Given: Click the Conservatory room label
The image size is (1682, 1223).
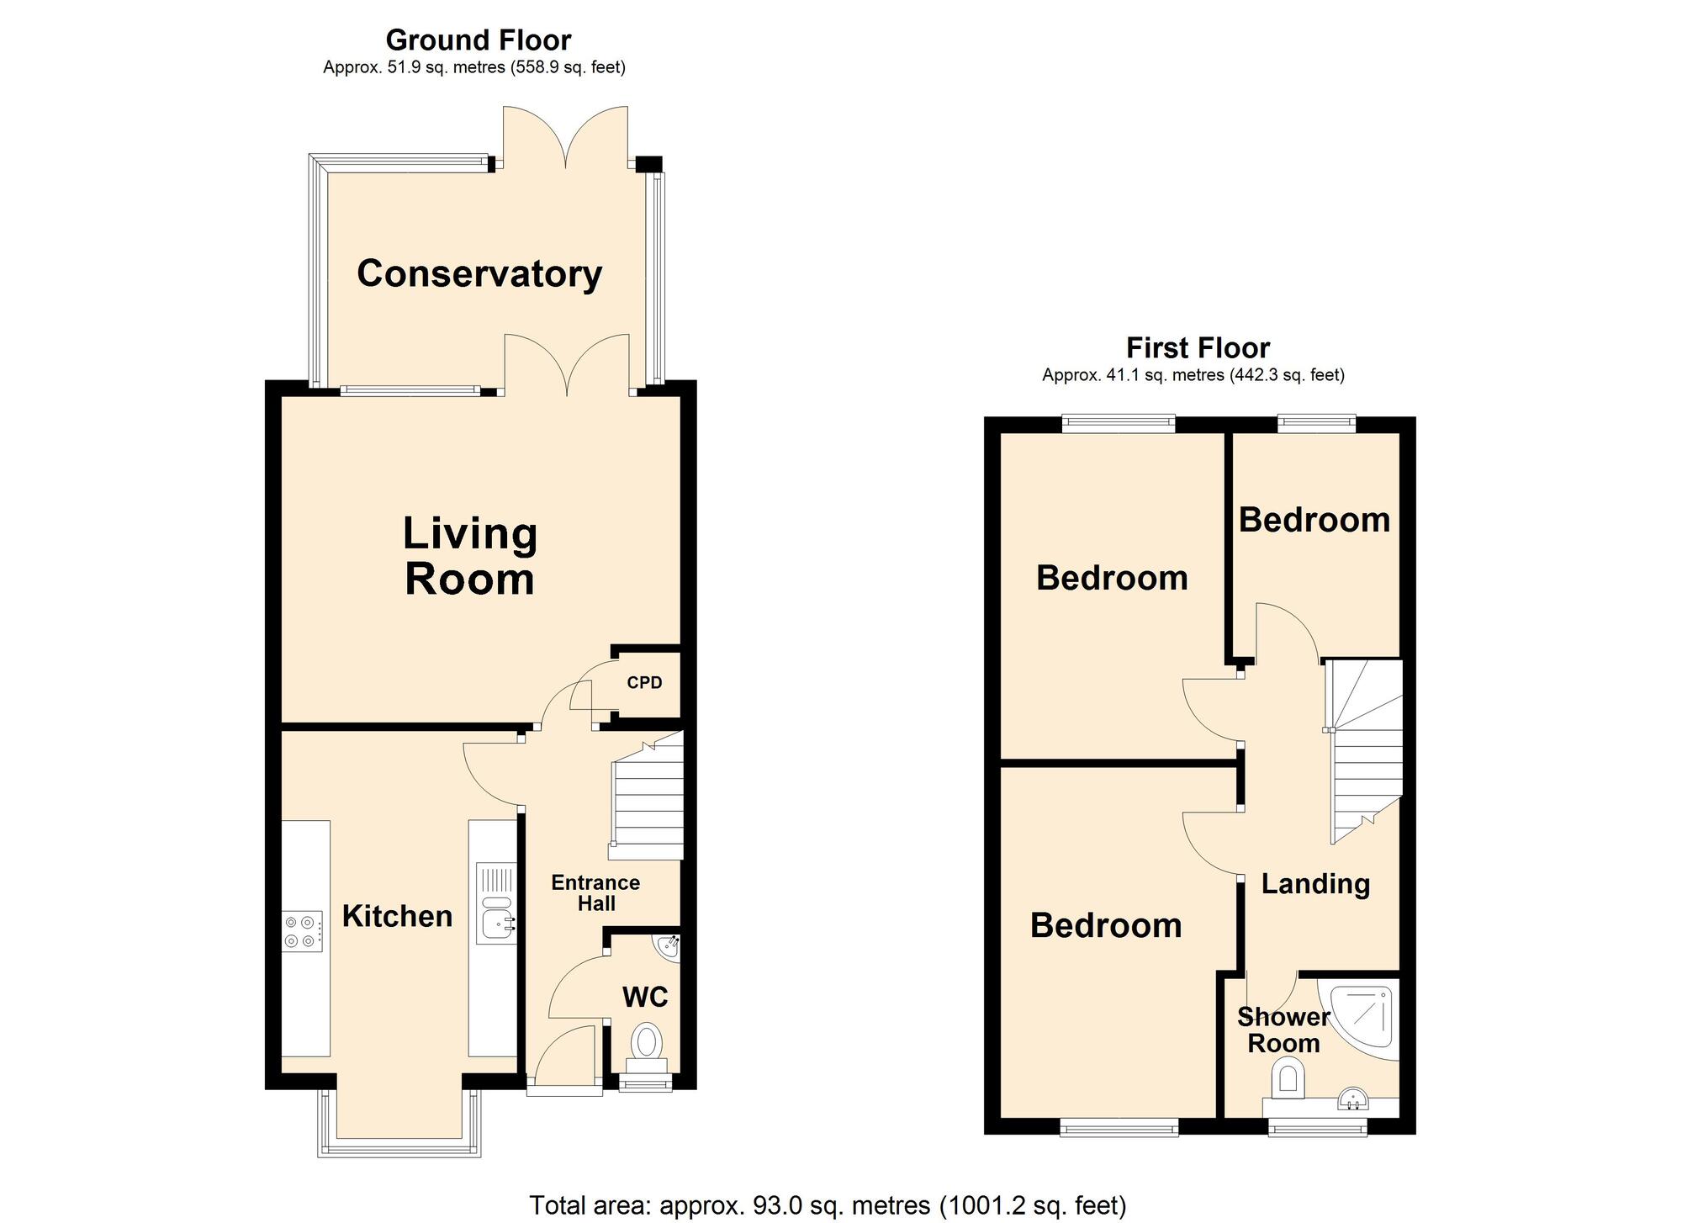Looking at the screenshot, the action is [x=479, y=274].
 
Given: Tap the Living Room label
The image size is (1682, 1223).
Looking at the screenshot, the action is [x=470, y=556].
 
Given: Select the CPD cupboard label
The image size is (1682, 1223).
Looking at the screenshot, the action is [x=644, y=682].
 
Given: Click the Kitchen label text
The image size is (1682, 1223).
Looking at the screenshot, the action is [x=397, y=916].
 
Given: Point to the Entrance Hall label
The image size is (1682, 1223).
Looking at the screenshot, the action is [x=595, y=893].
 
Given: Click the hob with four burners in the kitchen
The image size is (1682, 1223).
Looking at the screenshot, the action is [x=304, y=931].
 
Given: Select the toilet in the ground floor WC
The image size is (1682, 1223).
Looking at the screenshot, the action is [x=647, y=1049].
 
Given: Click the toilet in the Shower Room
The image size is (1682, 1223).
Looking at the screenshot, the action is [x=1288, y=1080].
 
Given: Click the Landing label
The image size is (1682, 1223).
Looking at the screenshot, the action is [x=1315, y=884].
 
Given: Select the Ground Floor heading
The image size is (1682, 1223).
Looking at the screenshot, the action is [x=478, y=40].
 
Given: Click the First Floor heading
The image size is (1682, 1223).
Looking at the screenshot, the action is [x=1198, y=347].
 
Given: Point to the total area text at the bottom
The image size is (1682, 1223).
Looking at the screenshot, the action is [x=828, y=1205].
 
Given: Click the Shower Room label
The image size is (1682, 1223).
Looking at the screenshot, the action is [x=1283, y=1030].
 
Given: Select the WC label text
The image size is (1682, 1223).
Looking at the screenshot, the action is [x=645, y=998].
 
